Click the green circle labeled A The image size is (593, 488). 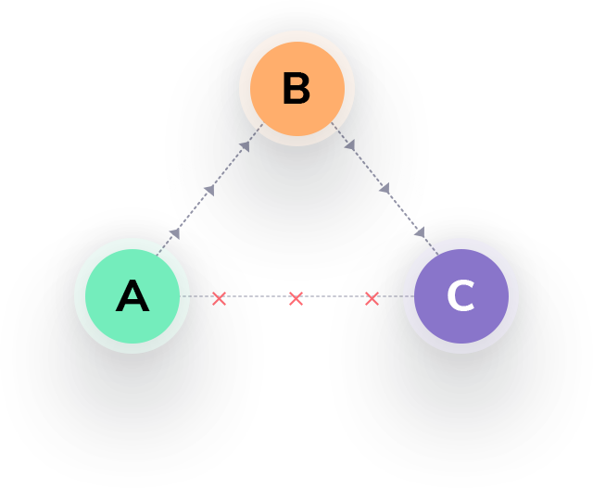point(132,296)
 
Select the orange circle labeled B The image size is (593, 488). point(296,89)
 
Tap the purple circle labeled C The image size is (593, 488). point(461,296)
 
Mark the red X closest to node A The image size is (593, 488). point(219,298)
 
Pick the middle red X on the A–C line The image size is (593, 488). point(296,298)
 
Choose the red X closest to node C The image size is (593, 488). point(372,298)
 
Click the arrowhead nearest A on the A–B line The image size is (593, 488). point(174,233)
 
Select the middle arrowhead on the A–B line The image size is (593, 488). point(209,190)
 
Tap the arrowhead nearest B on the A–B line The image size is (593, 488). point(245,145)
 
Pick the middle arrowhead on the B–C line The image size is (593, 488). point(384,188)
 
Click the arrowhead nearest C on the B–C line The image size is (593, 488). point(419,231)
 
